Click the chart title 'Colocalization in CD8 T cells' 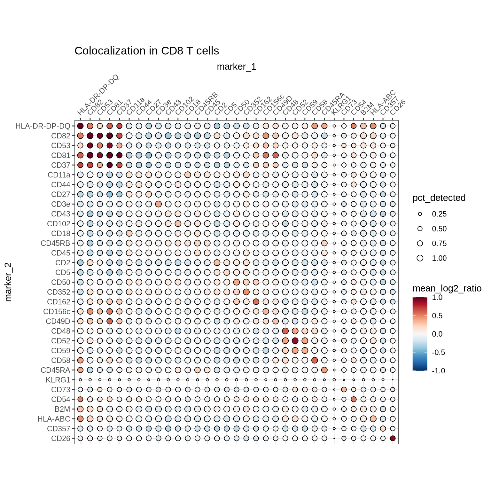[x=147, y=51]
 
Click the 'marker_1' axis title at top [x=237, y=67]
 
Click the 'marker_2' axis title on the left [x=8, y=282]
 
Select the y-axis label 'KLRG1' [x=58, y=380]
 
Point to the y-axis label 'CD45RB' [x=55, y=243]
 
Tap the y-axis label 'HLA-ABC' [x=54, y=419]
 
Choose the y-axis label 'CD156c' [x=57, y=311]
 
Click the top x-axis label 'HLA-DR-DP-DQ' [x=98, y=95]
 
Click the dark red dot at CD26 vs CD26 [x=393, y=438]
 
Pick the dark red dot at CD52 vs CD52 [x=295, y=341]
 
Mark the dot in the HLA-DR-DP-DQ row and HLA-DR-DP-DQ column [x=80, y=126]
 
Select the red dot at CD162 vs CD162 [x=256, y=302]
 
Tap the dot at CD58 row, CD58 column [x=315, y=360]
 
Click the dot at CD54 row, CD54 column [x=354, y=399]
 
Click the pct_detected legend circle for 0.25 [x=420, y=214]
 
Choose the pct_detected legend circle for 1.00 [x=420, y=258]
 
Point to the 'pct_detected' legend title [x=439, y=198]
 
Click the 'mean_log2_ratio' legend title [x=447, y=288]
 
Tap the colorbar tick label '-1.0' [x=438, y=371]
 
